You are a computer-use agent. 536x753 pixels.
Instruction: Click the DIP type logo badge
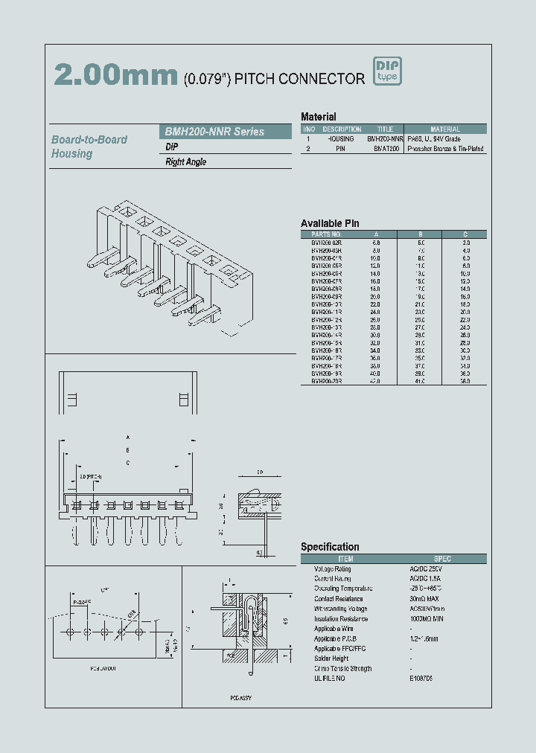[x=386, y=71]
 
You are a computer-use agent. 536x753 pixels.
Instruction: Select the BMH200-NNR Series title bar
[x=226, y=132]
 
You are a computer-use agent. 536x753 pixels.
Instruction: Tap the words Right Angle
[x=186, y=162]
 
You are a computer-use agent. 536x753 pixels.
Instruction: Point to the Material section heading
[x=318, y=117]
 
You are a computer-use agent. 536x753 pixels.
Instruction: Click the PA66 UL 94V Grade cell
[x=434, y=138]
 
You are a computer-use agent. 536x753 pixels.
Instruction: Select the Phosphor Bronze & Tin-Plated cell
[x=445, y=149]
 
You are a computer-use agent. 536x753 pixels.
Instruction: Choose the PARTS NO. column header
[x=326, y=234]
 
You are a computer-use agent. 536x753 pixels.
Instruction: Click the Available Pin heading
[x=330, y=223]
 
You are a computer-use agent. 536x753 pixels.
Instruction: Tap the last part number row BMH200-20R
[x=326, y=381]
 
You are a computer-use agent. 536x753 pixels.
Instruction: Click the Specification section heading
[x=330, y=547]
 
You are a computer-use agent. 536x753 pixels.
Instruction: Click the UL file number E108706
[x=421, y=679]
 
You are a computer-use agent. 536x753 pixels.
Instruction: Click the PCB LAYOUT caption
[x=103, y=667]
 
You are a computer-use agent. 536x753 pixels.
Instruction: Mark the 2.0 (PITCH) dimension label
[x=91, y=476]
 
